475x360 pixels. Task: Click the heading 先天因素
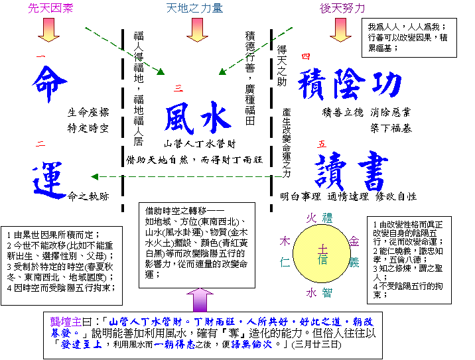coord(50,9)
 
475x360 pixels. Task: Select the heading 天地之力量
coord(194,9)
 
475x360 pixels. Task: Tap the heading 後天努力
coord(342,9)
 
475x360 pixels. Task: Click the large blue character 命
coord(50,85)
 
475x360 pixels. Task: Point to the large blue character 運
coord(50,180)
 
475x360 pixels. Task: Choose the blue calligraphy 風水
coord(198,119)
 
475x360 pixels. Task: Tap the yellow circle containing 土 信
coord(322,254)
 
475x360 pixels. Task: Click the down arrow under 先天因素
coord(48,30)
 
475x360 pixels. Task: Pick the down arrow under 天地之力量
coord(197,30)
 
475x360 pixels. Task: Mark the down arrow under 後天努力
coord(340,30)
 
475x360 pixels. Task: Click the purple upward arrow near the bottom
coord(200,300)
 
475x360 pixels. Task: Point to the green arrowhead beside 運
coord(94,177)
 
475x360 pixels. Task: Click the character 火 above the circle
coord(311,217)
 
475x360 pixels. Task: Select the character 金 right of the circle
coord(354,241)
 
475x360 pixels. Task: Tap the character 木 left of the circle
coord(285,241)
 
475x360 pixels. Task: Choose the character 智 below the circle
coord(327,292)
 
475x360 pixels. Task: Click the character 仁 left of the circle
coord(285,263)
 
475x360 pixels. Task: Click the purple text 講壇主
coord(66,322)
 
